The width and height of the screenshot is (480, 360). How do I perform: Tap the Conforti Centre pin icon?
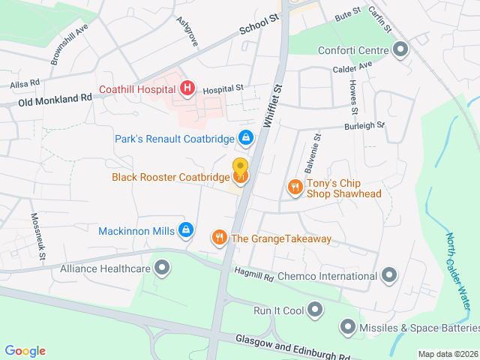click(400, 51)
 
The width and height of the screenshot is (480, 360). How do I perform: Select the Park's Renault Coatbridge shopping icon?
click(245, 137)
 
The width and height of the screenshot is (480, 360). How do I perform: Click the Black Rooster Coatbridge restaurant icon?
click(241, 177)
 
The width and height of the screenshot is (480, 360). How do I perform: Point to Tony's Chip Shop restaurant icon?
click(295, 187)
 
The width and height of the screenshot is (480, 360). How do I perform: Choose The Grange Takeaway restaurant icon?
click(220, 238)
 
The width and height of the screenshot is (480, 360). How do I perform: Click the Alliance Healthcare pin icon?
click(162, 268)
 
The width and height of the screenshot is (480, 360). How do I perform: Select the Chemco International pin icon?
click(388, 276)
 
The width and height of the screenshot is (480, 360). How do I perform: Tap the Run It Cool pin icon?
click(315, 309)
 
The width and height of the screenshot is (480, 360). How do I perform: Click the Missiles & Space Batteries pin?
click(348, 326)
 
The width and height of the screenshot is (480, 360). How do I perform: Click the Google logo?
click(25, 350)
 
